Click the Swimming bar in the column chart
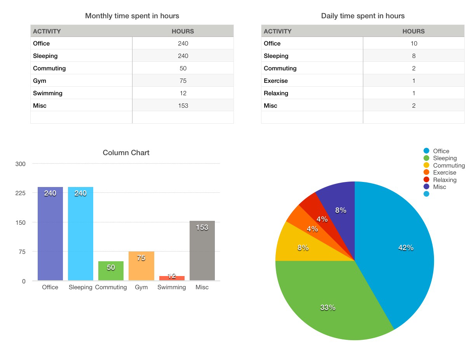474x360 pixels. point(172,278)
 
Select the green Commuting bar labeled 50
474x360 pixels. point(111,271)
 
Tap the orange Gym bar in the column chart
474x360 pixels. point(141,266)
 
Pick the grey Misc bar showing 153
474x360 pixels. point(202,251)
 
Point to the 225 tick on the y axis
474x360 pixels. point(21,193)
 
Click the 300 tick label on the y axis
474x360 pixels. point(21,164)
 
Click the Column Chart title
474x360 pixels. point(126,153)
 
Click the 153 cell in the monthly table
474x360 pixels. point(183,106)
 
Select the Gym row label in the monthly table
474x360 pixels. point(40,81)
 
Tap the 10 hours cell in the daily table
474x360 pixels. point(413,44)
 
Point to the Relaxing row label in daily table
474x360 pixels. point(276,93)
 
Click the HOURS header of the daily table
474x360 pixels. point(413,31)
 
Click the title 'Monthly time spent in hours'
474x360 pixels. point(132,16)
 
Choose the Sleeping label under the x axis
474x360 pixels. point(80,287)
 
